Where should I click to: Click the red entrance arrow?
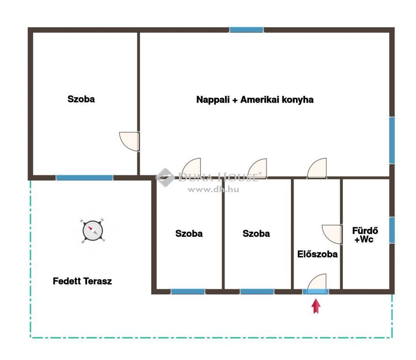click(316, 306)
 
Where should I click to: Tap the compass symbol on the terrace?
click(92, 231)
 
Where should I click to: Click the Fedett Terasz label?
click(82, 281)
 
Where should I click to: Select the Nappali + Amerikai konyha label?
click(255, 100)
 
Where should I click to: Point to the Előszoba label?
click(317, 254)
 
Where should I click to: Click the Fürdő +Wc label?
click(365, 235)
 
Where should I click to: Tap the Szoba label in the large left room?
click(81, 99)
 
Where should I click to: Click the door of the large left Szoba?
click(129, 142)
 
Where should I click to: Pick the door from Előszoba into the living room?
click(317, 168)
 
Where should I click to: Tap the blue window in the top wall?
click(246, 30)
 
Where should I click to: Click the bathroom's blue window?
click(392, 230)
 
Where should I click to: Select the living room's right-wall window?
click(392, 140)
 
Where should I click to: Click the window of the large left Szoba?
click(84, 178)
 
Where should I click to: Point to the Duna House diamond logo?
click(165, 177)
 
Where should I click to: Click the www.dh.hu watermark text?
click(213, 189)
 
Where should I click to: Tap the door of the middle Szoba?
click(257, 168)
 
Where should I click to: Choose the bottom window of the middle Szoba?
click(257, 292)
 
